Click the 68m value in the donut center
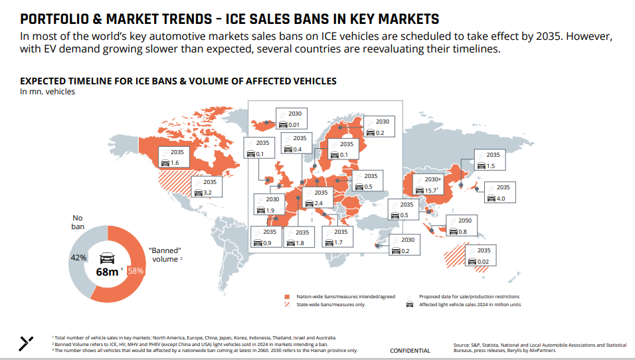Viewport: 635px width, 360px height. (x=108, y=272)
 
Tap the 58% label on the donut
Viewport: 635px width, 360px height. (x=136, y=271)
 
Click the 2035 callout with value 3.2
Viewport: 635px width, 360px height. (x=205, y=187)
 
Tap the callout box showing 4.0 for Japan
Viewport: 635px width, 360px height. (x=499, y=193)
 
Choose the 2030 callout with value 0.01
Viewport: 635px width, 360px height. (x=290, y=119)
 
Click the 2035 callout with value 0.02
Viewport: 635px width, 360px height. (x=480, y=256)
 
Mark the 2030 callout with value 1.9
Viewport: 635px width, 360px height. (x=268, y=205)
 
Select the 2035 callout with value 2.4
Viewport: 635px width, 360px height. (x=314, y=197)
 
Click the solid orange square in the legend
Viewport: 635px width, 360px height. (x=287, y=296)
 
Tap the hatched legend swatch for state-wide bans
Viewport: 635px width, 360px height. (x=287, y=305)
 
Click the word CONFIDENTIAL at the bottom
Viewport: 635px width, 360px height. (x=410, y=351)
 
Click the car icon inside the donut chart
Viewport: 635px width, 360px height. (x=108, y=257)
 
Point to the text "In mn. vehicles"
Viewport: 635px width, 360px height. (x=47, y=92)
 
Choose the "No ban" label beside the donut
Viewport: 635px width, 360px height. (x=79, y=222)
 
